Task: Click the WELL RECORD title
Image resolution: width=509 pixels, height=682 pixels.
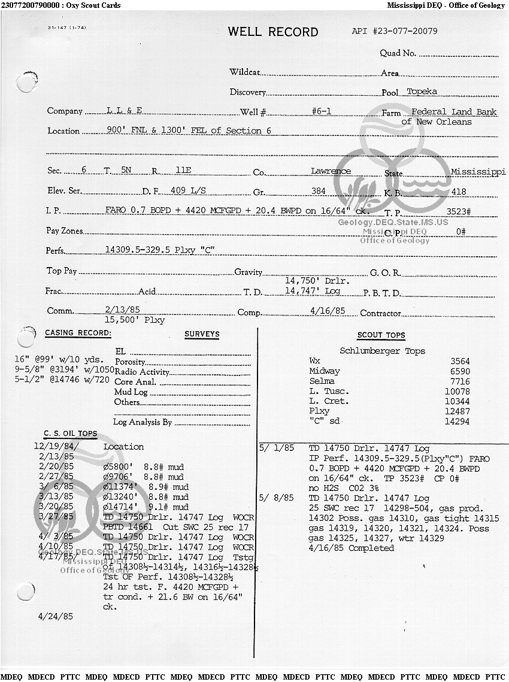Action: tap(272, 32)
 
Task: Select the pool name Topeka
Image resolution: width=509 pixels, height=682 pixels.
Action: tap(422, 92)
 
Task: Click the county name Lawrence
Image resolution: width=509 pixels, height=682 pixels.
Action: tap(331, 171)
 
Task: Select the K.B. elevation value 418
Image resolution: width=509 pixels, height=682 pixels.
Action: tap(459, 192)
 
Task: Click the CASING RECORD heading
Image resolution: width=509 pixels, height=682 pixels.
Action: tap(78, 333)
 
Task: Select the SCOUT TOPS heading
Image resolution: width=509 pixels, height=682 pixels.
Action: tap(381, 335)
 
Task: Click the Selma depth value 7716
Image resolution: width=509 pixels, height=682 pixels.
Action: tap(460, 381)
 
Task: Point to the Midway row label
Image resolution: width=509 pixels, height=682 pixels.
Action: tap(324, 371)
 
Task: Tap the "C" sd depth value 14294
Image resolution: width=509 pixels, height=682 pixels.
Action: tap(457, 422)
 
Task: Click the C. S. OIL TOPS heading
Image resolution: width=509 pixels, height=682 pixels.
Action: tap(70, 434)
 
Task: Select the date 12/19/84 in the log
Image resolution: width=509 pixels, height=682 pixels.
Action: tap(56, 447)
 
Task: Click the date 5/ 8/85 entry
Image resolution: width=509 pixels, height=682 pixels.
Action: tap(276, 498)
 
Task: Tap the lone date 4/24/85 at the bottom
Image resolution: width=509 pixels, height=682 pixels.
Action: tap(56, 616)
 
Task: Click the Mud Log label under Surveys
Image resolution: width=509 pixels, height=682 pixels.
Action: tap(131, 392)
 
